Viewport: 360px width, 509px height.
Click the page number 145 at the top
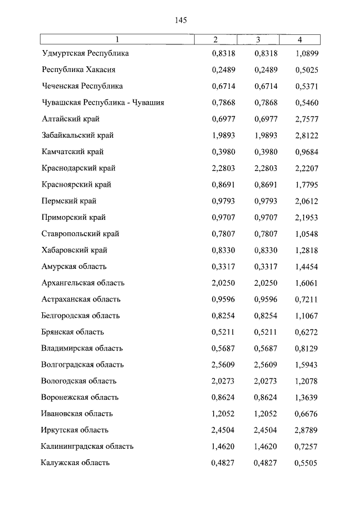click(180, 20)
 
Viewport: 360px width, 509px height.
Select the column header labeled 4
click(300, 40)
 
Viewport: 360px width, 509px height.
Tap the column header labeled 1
click(117, 40)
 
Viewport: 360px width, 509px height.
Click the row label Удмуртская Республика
click(85, 53)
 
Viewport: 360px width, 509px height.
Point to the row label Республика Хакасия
click(79, 70)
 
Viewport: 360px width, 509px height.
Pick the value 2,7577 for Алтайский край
click(307, 119)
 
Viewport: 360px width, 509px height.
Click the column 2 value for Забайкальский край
click(223, 136)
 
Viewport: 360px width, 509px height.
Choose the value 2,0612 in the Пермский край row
click(307, 201)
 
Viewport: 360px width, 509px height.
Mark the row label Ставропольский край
click(80, 233)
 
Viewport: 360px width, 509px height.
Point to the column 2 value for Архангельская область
click(223, 283)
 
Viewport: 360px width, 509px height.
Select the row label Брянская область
click(73, 332)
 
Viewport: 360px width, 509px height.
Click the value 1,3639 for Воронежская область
click(307, 397)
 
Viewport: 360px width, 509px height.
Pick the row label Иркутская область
click(75, 430)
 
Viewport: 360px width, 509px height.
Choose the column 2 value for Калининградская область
click(223, 447)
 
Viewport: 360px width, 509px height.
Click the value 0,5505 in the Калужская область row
click(307, 463)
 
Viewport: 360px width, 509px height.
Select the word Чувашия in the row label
click(147, 103)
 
